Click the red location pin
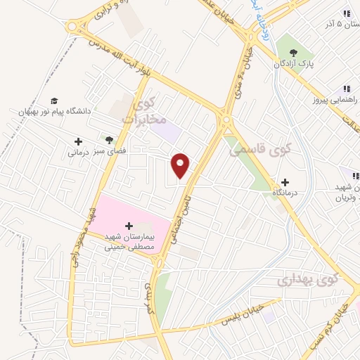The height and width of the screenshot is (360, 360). tap(181, 165)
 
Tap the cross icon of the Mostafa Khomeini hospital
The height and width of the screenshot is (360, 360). tap(129, 226)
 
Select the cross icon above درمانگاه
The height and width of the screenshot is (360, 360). tap(285, 181)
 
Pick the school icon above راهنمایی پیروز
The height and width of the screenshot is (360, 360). tap(346, 89)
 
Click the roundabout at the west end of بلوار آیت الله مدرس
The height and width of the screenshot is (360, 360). tap(72, 27)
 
